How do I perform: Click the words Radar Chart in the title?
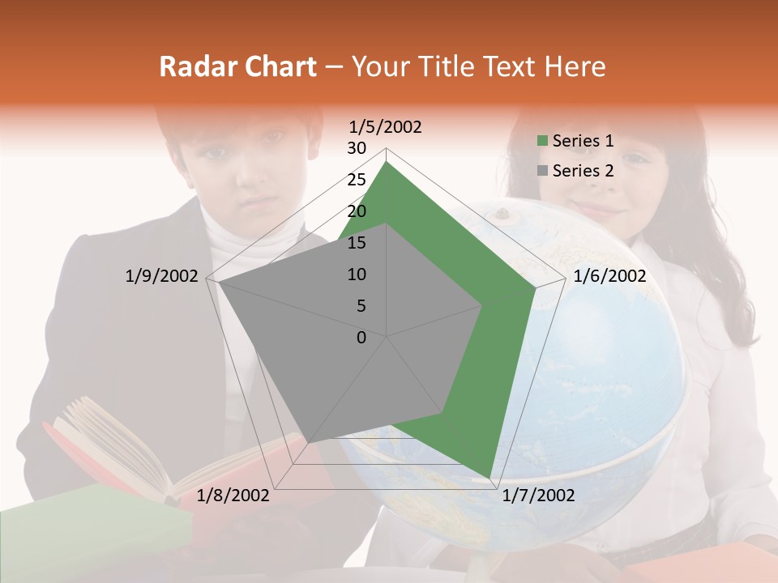tap(237, 67)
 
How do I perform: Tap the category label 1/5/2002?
tap(386, 126)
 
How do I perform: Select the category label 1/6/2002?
tap(609, 276)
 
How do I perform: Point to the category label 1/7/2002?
tap(538, 496)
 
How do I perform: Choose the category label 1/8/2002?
tap(233, 496)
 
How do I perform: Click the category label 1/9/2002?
tap(161, 276)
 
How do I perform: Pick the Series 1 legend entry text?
tap(583, 141)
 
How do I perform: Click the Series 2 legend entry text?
tap(583, 171)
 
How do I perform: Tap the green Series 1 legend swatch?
tap(542, 142)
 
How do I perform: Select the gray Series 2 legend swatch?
tap(542, 171)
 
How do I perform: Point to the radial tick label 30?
tap(356, 148)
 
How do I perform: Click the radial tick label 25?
tap(356, 180)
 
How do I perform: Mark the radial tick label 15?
tap(356, 243)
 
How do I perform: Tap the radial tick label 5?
tap(361, 306)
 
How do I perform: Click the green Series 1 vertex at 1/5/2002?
tap(387, 162)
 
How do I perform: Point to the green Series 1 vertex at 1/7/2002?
tap(489, 477)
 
